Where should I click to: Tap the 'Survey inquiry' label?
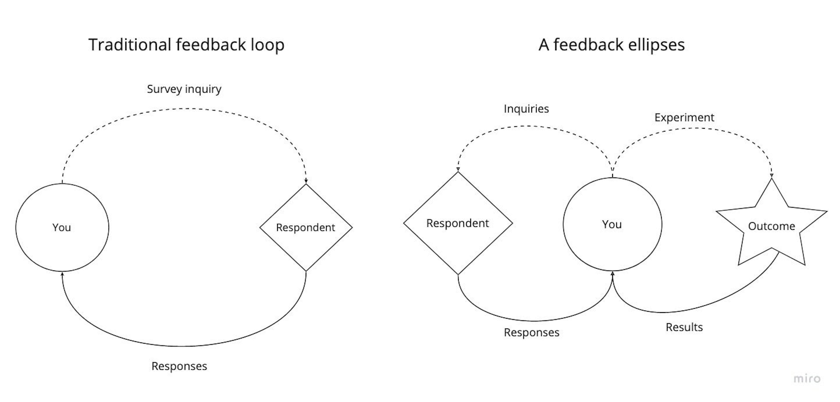pos(184,89)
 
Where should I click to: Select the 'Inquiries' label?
pos(526,109)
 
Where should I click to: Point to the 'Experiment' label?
pos(684,117)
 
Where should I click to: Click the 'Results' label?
pos(684,327)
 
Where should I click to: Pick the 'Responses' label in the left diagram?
pos(179,366)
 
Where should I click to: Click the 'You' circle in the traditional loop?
pos(62,227)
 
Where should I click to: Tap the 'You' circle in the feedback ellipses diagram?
pos(612,224)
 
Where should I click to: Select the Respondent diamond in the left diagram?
pos(306,227)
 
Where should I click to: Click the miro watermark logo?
pos(807,379)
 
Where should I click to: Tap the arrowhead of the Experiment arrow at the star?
pos(772,176)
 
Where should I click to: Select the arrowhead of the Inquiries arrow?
pos(458,169)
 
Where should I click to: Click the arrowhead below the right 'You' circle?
pos(612,274)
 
